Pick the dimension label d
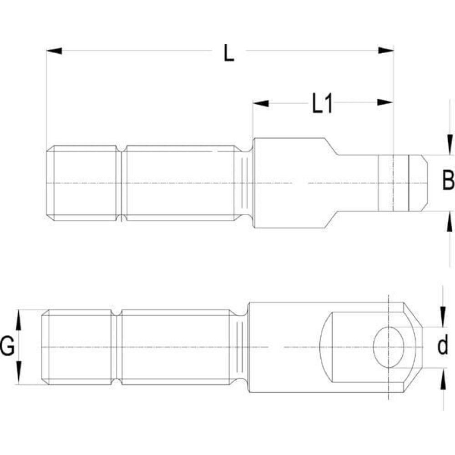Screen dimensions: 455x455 pyautogui.click(x=442, y=347)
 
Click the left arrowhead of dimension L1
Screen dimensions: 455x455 pyautogui.click(x=261, y=103)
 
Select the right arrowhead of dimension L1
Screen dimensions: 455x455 pyautogui.click(x=385, y=103)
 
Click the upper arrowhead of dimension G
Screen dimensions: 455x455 pyautogui.click(x=19, y=318)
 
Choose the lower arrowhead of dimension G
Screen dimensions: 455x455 pyautogui.click(x=19, y=377)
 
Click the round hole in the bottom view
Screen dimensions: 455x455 pyautogui.click(x=389, y=347)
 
